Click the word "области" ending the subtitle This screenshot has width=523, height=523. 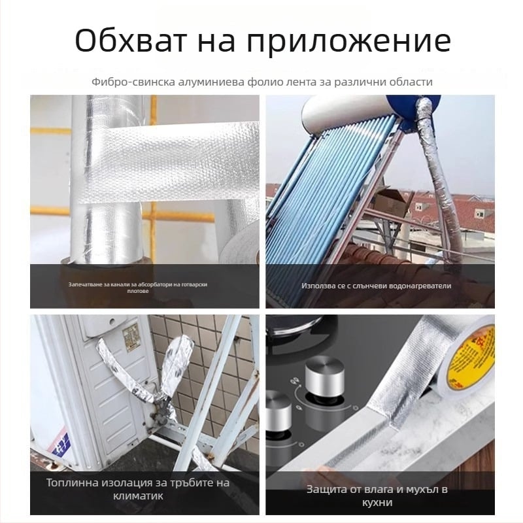pos(409,82)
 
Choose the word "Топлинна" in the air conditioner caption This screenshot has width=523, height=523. pos(73,483)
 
